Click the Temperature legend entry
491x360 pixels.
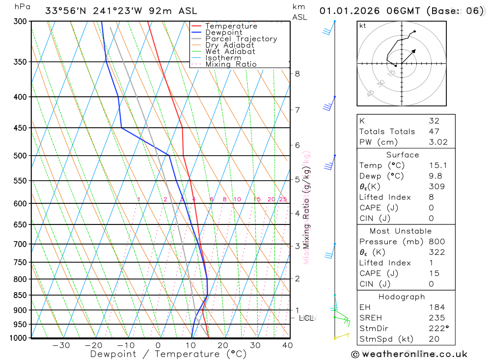(x=231, y=26)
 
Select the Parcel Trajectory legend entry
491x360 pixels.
(x=241, y=39)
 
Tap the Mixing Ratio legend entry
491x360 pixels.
(x=231, y=64)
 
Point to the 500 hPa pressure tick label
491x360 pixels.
(x=20, y=156)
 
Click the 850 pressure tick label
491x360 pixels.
(x=20, y=295)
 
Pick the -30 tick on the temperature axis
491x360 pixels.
(x=61, y=345)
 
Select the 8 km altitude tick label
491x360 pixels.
(x=297, y=74)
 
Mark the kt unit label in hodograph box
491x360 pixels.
(x=363, y=26)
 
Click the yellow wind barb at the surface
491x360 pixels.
(x=341, y=336)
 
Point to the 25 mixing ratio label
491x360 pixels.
(x=283, y=199)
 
